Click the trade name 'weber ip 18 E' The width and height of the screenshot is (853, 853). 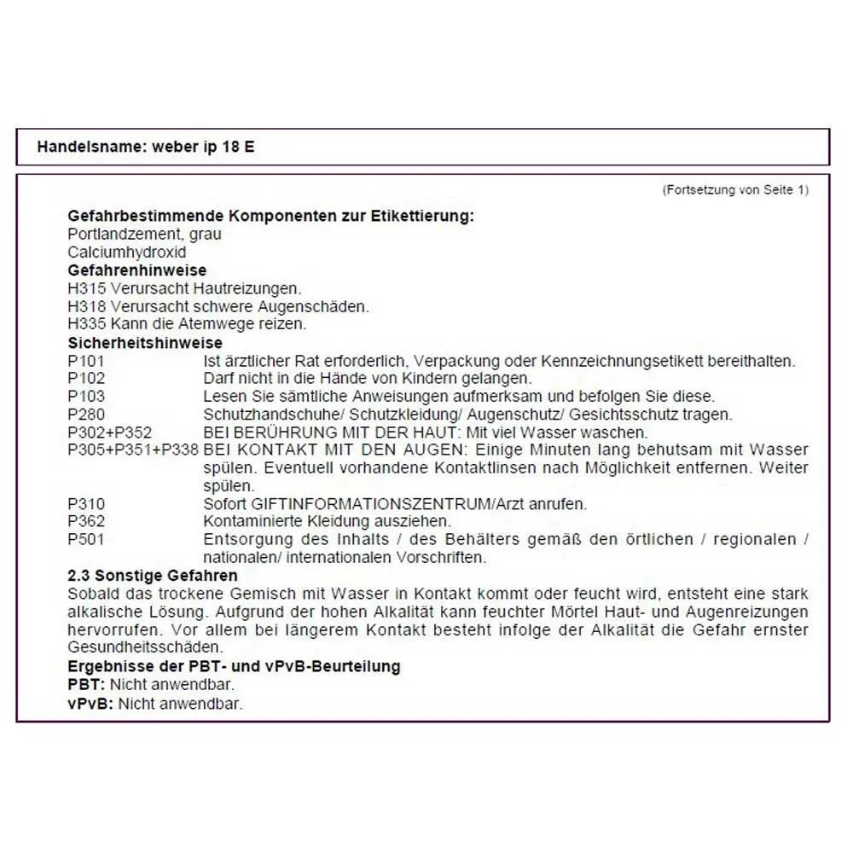(203, 147)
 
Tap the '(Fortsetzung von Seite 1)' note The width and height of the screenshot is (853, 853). (735, 190)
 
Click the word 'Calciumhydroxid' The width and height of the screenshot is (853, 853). (126, 252)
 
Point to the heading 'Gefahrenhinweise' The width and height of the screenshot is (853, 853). (136, 270)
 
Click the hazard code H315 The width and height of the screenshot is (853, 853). (87, 288)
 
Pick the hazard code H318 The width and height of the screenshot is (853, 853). (87, 306)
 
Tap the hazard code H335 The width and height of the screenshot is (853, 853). (87, 324)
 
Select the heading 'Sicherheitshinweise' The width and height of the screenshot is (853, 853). (145, 343)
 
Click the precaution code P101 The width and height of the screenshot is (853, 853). (86, 361)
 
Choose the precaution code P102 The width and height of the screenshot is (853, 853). (86, 379)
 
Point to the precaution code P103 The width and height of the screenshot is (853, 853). (86, 397)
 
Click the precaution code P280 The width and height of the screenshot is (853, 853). (86, 415)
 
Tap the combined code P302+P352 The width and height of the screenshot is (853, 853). (109, 432)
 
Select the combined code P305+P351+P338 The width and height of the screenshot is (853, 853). (133, 450)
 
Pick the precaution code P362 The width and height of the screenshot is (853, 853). (86, 522)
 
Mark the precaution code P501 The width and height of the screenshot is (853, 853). (86, 540)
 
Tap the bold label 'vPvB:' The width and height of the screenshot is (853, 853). (90, 704)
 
